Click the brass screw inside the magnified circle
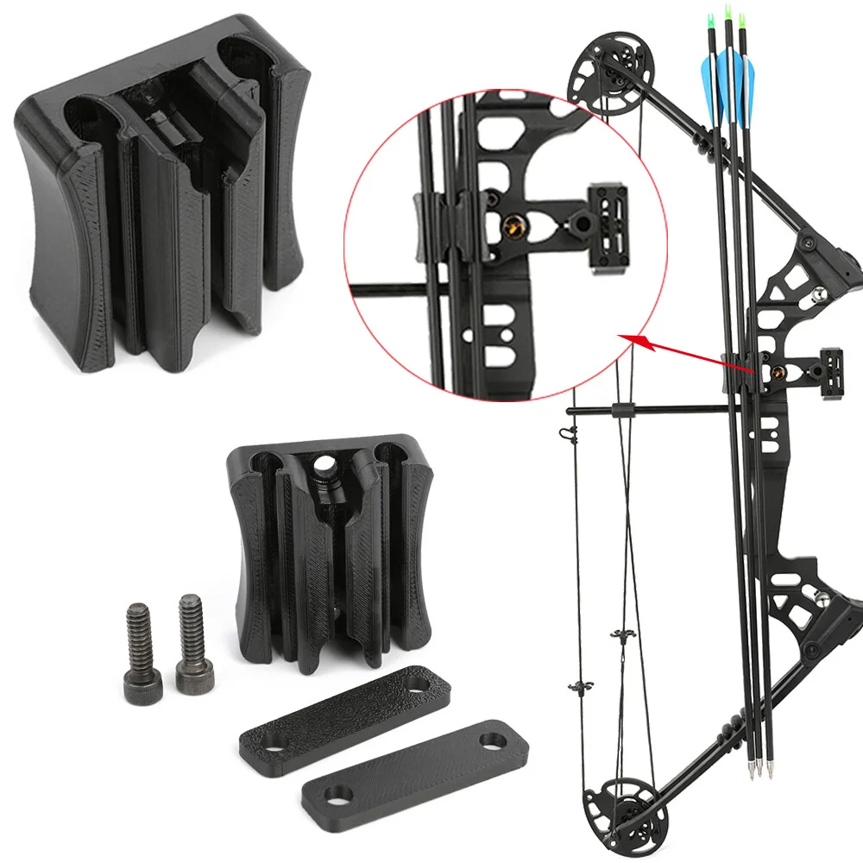[x=512, y=228]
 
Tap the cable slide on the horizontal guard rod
[x=617, y=409]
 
